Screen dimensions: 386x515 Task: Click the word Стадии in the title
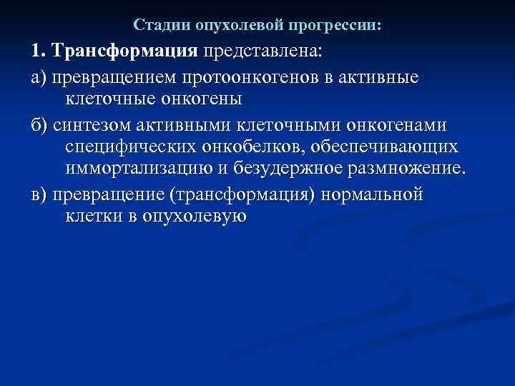point(157,26)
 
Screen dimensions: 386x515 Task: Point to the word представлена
point(262,51)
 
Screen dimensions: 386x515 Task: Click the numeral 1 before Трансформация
point(37,51)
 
